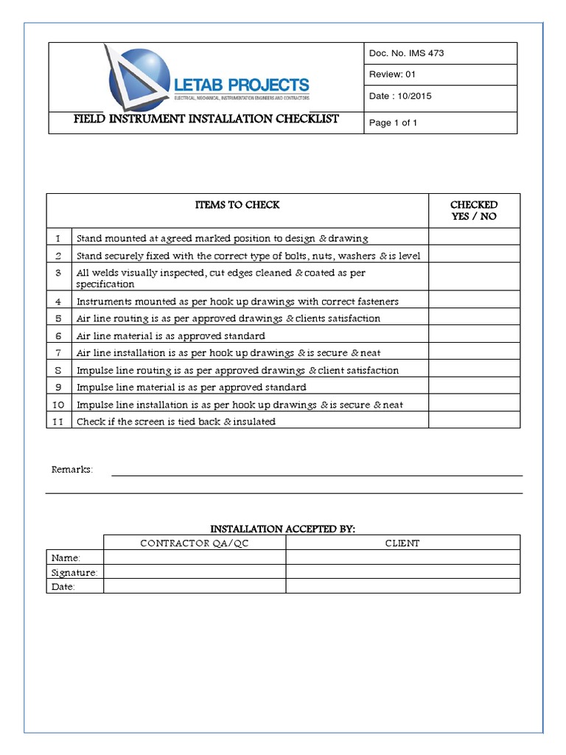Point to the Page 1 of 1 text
393,122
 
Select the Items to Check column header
237,205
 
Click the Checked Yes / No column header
474,210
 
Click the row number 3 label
59,273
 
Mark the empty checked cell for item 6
474,335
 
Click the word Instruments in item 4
103,302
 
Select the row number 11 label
59,421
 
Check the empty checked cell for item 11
474,421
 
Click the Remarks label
71,470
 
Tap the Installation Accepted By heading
283,529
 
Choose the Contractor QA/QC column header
194,543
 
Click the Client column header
402,543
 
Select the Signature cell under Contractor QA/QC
194,572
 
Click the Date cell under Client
402,586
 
